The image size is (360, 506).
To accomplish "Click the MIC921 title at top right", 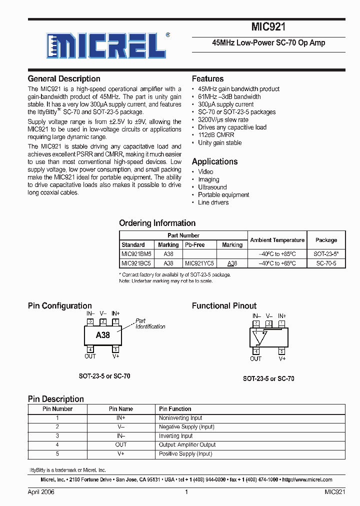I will [x=268, y=28].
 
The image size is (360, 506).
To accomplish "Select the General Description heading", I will [x=64, y=78].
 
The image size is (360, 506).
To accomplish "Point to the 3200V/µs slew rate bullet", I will [x=223, y=119].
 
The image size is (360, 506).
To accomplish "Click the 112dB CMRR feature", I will [x=216, y=135].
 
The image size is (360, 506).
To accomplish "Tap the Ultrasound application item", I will [x=212, y=187].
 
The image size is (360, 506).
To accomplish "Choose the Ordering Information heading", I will [x=157, y=223].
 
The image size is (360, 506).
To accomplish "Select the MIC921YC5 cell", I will [x=199, y=263].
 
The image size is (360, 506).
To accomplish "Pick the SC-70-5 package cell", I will [x=326, y=263].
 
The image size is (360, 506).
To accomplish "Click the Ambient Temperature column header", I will [x=277, y=240].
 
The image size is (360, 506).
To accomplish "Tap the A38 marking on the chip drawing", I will [x=103, y=335].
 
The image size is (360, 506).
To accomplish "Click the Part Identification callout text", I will [x=149, y=324].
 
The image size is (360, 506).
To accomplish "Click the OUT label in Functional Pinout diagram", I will [x=256, y=358].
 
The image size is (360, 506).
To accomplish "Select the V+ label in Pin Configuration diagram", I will [x=116, y=356].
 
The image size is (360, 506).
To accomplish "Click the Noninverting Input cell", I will [x=180, y=418].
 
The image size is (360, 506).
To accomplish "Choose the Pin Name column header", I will [x=120, y=409].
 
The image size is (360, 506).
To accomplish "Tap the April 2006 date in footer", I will [x=41, y=492].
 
